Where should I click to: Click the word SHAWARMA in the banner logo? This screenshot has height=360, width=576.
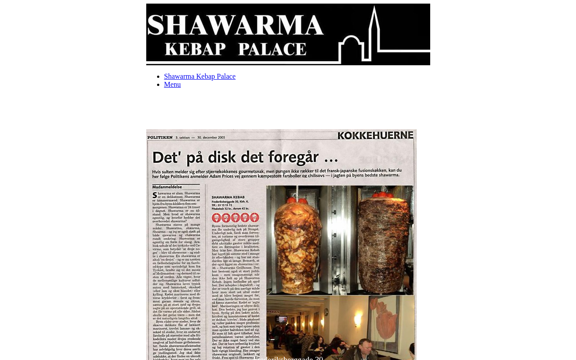[235, 26]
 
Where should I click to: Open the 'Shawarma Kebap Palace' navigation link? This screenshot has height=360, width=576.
[200, 76]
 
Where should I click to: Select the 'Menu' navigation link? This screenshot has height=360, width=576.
[172, 85]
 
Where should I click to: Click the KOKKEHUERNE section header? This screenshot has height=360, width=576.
[375, 135]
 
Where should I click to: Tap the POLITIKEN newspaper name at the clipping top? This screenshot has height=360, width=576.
[160, 137]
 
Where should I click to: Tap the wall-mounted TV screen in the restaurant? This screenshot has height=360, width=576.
[282, 319]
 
